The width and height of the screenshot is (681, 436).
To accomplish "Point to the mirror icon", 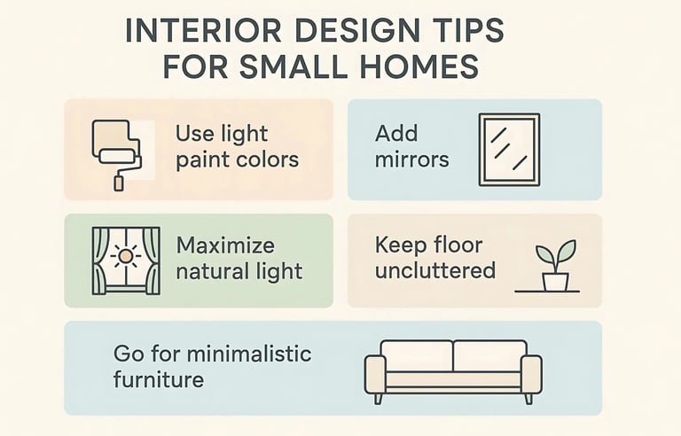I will pos(508,149).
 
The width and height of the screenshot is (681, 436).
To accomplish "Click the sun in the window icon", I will pos(125,257).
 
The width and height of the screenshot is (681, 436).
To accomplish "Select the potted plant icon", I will pos(552,267).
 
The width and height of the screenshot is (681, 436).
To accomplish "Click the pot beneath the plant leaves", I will pos(555,281).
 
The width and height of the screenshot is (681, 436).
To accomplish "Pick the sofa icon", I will pos(453,370).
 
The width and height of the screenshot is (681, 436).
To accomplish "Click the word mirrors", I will pos(411,160).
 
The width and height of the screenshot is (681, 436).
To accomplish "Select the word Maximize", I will pos(225,245).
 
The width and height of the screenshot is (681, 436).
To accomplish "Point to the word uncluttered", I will pos(434,270).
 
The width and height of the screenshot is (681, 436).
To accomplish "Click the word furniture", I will pos(159,380).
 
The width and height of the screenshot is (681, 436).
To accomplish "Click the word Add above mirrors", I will pos(395,135).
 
